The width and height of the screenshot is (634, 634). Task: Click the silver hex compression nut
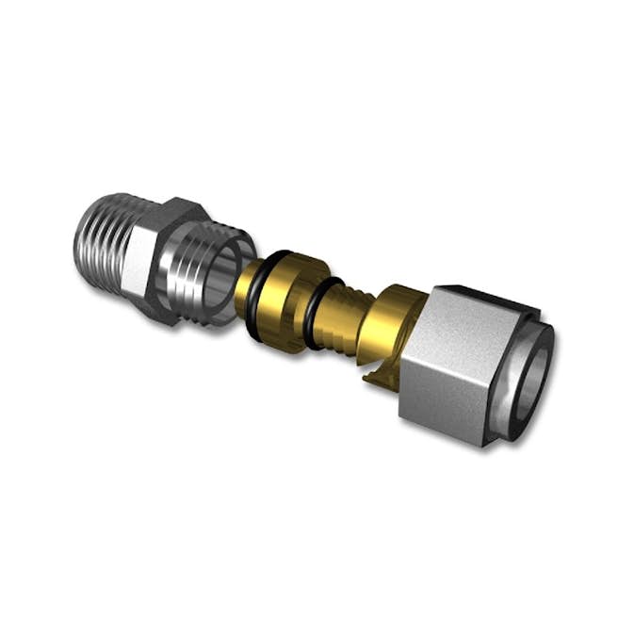[x=452, y=358]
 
